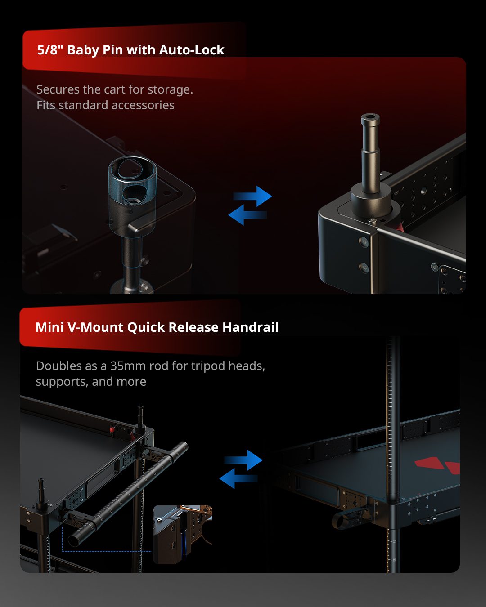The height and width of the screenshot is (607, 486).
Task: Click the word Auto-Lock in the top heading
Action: (192, 50)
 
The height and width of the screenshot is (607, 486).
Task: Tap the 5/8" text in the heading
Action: (50, 50)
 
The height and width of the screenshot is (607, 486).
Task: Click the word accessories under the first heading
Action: (143, 105)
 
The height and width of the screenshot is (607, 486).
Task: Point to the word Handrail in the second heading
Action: (250, 327)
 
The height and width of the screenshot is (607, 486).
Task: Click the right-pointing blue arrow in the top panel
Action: (253, 196)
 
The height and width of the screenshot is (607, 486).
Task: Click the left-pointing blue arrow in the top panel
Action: (247, 215)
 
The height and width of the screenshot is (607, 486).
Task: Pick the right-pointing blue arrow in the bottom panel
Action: (243, 460)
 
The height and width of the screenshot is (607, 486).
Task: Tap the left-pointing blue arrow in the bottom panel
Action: (238, 478)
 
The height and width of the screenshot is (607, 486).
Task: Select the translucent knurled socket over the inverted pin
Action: (132, 195)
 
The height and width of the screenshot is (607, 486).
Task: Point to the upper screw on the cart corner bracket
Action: (364, 241)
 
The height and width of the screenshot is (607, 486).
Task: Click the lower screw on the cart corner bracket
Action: (364, 267)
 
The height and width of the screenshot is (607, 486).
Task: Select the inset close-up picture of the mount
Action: (183, 535)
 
